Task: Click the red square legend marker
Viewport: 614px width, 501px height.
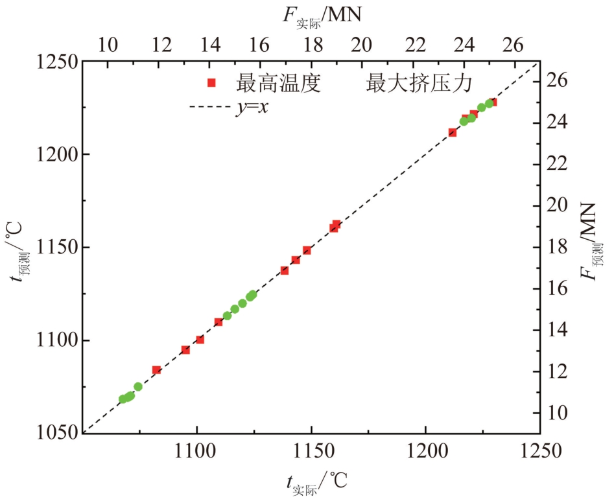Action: tap(211, 82)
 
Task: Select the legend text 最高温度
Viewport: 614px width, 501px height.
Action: tap(278, 83)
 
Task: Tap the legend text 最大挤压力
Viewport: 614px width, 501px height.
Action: tap(419, 83)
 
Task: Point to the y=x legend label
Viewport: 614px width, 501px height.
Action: tap(252, 106)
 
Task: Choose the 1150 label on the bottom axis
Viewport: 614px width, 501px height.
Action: tap(311, 451)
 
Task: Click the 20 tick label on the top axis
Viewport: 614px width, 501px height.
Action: tap(361, 45)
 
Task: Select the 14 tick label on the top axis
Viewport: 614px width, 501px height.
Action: tap(210, 45)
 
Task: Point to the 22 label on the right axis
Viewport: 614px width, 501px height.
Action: tap(557, 163)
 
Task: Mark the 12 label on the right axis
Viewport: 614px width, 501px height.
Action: tap(557, 371)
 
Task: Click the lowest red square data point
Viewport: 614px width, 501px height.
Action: tap(156, 370)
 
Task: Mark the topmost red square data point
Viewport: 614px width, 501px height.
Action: tap(493, 102)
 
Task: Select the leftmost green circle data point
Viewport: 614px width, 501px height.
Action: tap(123, 399)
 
